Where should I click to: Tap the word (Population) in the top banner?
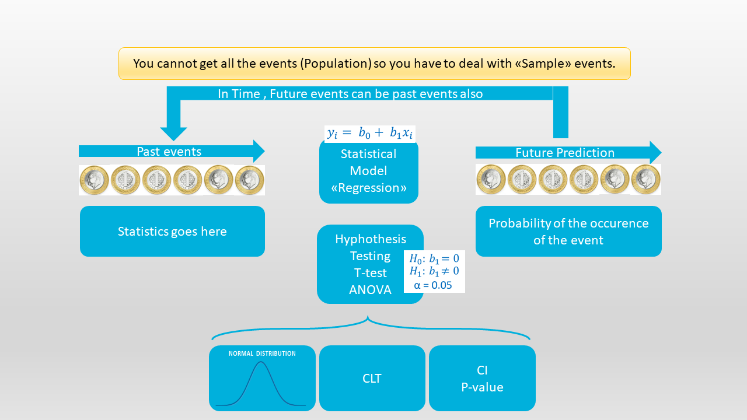336,64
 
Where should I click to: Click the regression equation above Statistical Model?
370,134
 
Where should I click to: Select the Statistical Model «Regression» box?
369,171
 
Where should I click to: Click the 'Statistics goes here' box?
172,232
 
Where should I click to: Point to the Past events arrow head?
258,151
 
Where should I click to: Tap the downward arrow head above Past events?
173,134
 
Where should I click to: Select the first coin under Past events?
95,180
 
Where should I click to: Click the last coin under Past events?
249,180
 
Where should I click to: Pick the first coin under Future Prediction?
491,179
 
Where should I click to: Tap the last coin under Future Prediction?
645,179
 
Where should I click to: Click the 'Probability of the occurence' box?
568,232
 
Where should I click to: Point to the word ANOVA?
370,290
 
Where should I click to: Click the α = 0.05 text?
432,285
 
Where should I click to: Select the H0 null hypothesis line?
434,258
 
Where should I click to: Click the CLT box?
372,379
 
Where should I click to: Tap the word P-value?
482,387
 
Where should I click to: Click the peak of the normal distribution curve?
261,362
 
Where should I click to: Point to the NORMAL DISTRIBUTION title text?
262,353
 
